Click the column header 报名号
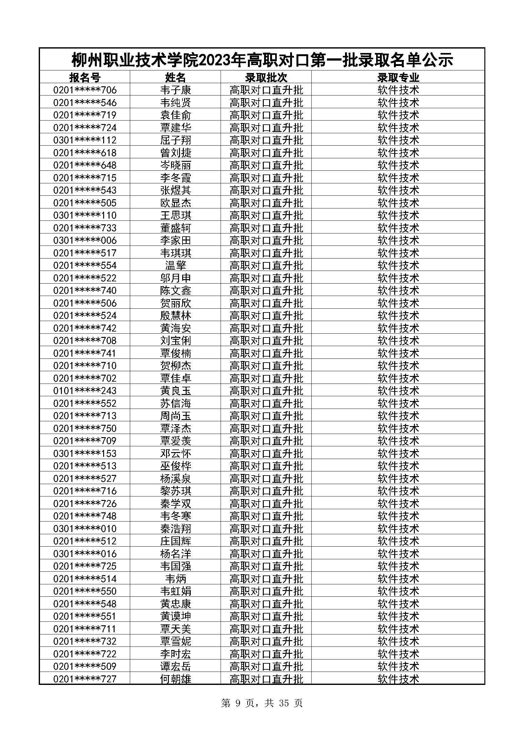point(85,77)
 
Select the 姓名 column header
point(176,77)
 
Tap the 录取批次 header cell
point(266,77)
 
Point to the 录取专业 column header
point(398,77)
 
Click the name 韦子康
point(176,90)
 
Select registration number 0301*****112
point(85,140)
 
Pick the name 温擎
point(176,266)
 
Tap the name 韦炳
point(176,579)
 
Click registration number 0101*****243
point(85,391)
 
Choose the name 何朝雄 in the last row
point(176,679)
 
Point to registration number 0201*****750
point(85,429)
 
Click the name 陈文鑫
point(176,291)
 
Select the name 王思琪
point(176,215)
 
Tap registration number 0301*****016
point(85,554)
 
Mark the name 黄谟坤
point(176,616)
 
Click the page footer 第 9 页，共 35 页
point(262,703)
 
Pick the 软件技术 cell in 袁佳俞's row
point(398,115)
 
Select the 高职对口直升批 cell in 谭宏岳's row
point(266,666)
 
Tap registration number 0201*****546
point(85,103)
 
